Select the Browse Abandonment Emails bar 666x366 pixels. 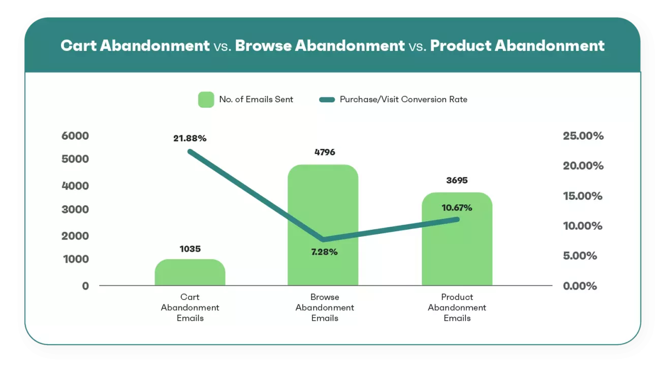click(323, 213)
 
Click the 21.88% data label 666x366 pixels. click(190, 138)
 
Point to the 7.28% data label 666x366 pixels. click(324, 252)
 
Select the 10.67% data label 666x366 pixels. click(457, 207)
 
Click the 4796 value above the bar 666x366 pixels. click(325, 152)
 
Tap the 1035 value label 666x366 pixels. click(190, 249)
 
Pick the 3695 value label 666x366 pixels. click(457, 180)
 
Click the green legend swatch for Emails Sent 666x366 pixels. click(206, 100)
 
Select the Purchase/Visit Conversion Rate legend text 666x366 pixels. click(403, 100)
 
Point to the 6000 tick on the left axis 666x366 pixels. click(75, 136)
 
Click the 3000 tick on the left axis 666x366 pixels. click(75, 209)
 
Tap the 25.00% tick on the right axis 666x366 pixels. click(583, 136)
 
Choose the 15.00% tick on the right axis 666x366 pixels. click(583, 196)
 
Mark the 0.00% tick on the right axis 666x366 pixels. click(580, 286)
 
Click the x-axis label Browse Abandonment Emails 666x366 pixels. click(325, 308)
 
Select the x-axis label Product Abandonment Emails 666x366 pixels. click(457, 308)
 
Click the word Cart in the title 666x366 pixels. click(78, 46)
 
